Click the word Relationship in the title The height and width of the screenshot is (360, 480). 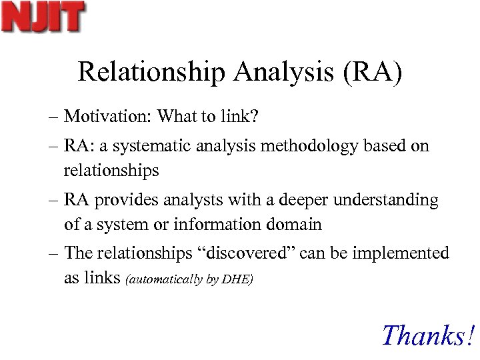point(151,72)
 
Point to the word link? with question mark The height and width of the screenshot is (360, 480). point(242,117)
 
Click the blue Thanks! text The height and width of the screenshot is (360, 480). point(429,335)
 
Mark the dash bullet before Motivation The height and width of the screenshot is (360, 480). point(53,117)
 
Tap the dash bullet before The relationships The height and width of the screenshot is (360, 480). point(53,254)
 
